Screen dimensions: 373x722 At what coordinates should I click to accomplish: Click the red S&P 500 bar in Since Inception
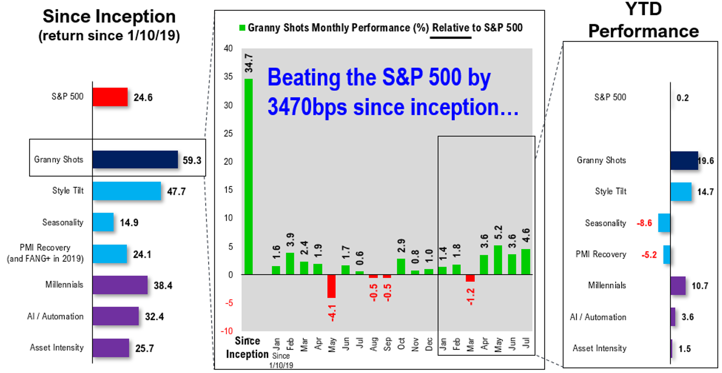110,97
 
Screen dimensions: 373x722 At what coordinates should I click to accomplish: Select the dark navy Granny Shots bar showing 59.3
135,159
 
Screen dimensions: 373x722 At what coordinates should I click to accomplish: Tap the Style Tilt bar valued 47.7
127,191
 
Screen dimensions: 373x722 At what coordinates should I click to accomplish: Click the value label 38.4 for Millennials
163,285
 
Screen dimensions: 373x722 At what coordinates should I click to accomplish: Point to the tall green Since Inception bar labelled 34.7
249,176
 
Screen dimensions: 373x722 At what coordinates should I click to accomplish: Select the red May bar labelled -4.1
331,286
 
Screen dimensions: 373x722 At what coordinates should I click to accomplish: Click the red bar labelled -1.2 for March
470,278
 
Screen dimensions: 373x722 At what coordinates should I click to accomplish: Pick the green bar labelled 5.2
498,260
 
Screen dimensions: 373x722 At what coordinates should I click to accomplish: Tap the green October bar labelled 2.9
401,267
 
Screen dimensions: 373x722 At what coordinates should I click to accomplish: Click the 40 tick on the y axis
228,48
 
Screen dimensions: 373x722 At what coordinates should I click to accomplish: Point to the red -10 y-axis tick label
227,331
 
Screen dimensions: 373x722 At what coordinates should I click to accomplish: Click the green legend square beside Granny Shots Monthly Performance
242,28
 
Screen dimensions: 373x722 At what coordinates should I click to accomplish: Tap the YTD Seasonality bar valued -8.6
664,223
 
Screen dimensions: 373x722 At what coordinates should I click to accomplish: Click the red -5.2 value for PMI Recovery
649,255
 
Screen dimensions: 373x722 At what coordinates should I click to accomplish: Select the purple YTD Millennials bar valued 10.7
678,285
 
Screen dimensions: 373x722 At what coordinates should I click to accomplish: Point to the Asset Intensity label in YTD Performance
599,348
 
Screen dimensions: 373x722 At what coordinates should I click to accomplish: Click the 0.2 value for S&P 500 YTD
683,98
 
